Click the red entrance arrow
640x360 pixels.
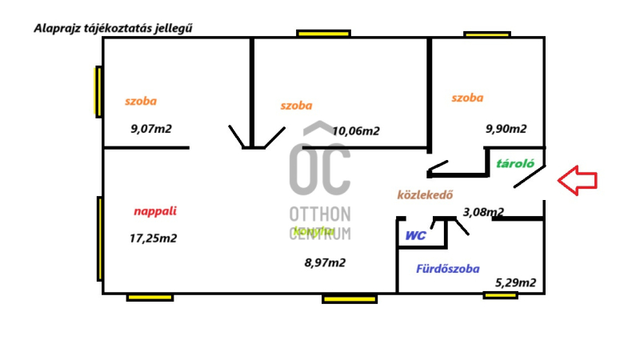577,180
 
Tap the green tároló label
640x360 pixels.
515,163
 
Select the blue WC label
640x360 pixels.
415,236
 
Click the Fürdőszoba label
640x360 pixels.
448,269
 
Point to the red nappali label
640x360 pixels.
155,212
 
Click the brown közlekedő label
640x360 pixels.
426,194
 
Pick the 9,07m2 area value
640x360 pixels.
151,127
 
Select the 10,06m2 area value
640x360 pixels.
355,131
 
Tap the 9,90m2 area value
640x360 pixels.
506,128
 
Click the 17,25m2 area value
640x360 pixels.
153,238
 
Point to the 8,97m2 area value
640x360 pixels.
325,262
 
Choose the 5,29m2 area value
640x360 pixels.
515,282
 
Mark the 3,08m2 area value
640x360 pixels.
483,212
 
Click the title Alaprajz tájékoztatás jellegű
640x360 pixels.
114,28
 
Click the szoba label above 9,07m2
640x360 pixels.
141,102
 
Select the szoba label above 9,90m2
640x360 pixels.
467,98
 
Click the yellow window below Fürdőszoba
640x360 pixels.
500,295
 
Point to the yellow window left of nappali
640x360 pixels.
99,238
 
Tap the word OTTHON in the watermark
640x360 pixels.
320,214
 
